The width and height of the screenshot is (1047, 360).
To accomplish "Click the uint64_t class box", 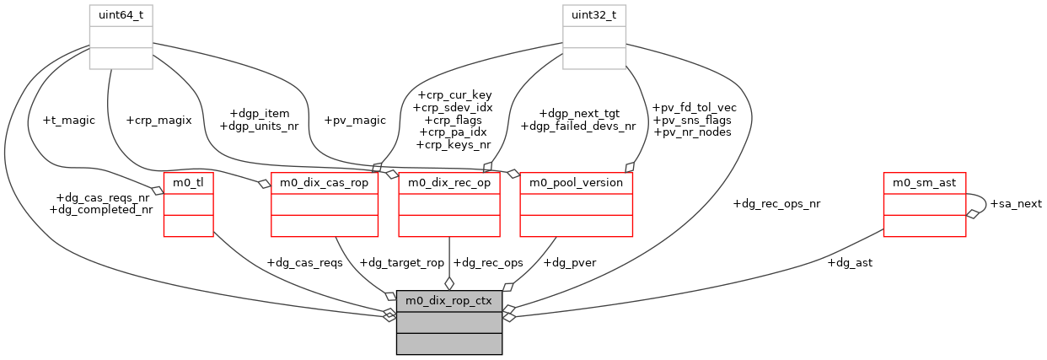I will (121, 15).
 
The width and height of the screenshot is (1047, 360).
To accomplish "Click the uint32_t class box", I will (594, 15).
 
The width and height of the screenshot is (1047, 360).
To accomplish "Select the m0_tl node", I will (188, 183).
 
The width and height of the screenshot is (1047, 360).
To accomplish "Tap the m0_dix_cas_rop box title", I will (324, 183).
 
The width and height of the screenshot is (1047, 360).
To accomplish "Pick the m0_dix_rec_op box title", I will (449, 183).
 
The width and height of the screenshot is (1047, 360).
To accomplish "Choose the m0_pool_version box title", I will (576, 183).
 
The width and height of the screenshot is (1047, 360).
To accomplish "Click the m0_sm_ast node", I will (924, 183).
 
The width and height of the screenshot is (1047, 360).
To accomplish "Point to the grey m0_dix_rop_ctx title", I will (449, 300).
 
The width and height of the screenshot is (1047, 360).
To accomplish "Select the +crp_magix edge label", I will (158, 121).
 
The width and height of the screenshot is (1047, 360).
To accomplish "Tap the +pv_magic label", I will (355, 121).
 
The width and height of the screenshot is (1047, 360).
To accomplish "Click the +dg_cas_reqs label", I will (304, 263).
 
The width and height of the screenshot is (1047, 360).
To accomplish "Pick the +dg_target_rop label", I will (400, 263).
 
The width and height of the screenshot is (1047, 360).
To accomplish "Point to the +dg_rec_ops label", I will (487, 263).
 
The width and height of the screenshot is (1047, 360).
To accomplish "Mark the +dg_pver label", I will (570, 263).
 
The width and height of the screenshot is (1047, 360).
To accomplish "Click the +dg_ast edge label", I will (849, 263).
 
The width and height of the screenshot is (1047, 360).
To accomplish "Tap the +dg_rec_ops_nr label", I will (776, 204).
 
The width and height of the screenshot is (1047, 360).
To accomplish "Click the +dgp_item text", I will (260, 114).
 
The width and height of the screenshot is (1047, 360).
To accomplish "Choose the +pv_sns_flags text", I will (693, 120).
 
